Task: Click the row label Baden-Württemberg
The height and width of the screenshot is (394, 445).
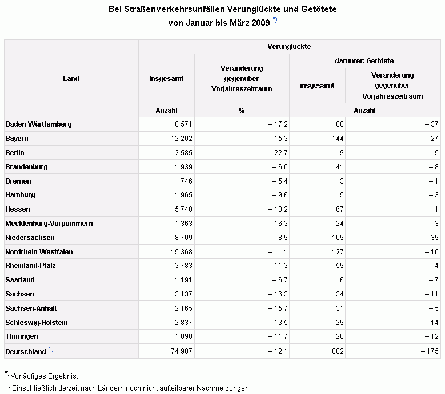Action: click(38, 124)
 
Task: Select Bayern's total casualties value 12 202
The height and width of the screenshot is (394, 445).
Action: click(181, 139)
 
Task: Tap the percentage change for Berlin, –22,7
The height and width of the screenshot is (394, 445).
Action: click(278, 153)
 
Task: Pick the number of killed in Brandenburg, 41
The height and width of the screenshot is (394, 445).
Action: click(339, 167)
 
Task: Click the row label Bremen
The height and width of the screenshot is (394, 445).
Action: click(18, 181)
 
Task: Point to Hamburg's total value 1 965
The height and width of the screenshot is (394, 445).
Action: click(183, 195)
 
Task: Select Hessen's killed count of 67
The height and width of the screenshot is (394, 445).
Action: click(339, 209)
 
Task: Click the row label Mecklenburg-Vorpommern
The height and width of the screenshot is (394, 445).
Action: click(49, 223)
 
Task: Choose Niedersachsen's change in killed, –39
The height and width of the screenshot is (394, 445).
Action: click(431, 237)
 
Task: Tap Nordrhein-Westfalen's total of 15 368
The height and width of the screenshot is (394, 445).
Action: click(181, 252)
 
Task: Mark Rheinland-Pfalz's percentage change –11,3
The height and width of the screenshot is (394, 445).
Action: click(278, 265)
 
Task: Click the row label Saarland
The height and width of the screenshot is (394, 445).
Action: click(20, 280)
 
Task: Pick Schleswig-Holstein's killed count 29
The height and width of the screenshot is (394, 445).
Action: click(339, 322)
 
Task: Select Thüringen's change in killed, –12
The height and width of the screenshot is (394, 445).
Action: click(431, 336)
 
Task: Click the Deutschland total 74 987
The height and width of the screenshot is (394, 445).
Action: click(181, 351)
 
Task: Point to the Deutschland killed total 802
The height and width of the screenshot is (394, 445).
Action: click(338, 351)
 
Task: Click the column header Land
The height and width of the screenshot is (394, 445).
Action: click(71, 79)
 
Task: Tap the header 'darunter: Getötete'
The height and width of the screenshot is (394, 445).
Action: click(364, 61)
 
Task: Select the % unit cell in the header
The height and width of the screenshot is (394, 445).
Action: click(242, 111)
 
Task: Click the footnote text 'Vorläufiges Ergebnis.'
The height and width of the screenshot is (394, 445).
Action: click(45, 376)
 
